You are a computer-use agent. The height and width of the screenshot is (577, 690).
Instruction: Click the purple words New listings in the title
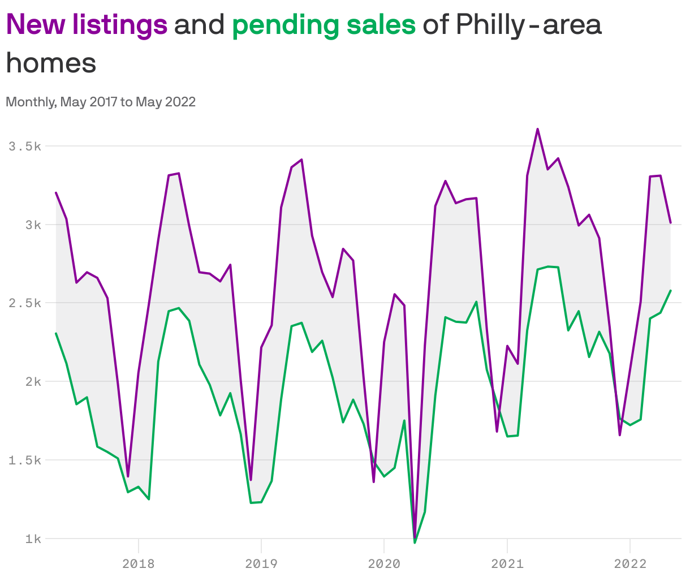[87, 24]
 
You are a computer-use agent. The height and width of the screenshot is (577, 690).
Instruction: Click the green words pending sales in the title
[324, 24]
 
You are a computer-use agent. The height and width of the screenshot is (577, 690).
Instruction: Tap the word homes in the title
[51, 62]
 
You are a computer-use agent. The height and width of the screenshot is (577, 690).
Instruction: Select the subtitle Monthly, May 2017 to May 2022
[101, 102]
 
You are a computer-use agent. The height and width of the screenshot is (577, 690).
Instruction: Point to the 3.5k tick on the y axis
[25, 147]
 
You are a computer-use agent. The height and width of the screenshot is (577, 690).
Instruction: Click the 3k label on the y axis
[33, 225]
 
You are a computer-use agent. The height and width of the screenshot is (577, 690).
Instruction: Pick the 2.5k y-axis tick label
[25, 303]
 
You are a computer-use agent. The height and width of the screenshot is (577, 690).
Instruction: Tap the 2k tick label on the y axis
[33, 382]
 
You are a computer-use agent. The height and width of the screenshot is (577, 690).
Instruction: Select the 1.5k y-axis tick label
[25, 460]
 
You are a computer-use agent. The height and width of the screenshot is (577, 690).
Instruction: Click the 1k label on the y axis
[33, 539]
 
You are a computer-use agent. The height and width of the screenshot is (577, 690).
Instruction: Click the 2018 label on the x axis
[138, 563]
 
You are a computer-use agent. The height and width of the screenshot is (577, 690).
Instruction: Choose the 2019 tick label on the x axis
[261, 563]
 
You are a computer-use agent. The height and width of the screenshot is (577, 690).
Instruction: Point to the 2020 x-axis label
[384, 563]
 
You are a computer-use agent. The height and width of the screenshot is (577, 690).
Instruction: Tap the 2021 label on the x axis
[507, 563]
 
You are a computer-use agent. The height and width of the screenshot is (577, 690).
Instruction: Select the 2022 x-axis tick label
[630, 563]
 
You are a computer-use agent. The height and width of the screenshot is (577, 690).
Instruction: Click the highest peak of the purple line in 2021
[537, 129]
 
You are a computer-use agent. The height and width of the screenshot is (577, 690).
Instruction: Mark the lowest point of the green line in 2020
[415, 542]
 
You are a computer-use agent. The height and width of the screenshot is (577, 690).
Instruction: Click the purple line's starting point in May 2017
[56, 193]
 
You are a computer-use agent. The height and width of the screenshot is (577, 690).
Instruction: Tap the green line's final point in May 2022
[671, 291]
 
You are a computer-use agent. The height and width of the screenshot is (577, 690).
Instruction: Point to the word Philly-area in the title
[528, 24]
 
